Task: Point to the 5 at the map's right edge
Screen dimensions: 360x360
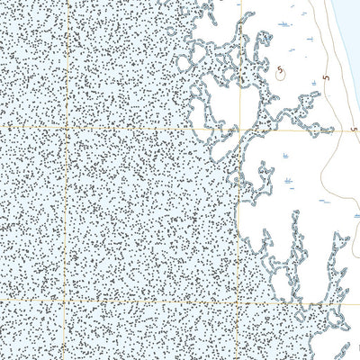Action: tap(354, 129)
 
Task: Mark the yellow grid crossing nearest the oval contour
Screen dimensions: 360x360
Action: tap(240, 129)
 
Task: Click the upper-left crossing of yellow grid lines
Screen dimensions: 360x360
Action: tap(65, 128)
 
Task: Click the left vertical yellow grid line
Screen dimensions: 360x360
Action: tap(65, 216)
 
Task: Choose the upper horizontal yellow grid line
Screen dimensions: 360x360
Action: tap(135, 128)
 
